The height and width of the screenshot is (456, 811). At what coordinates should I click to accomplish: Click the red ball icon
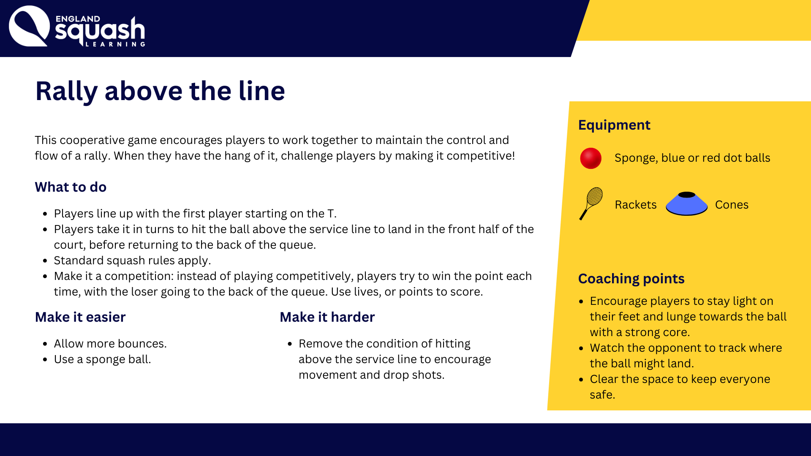pyautogui.click(x=591, y=158)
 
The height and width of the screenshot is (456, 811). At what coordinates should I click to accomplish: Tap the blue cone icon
pyautogui.click(x=686, y=204)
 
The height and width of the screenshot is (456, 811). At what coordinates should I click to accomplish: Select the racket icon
pyautogui.click(x=591, y=204)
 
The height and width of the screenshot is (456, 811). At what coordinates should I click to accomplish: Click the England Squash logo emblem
pyautogui.click(x=29, y=26)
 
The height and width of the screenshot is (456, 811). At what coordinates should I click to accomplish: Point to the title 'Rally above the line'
pyautogui.click(x=160, y=91)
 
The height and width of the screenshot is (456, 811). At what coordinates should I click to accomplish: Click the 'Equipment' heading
pyautogui.click(x=614, y=125)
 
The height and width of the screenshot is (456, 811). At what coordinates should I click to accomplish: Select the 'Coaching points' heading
pyautogui.click(x=631, y=279)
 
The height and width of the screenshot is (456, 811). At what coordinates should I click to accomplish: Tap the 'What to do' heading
pyautogui.click(x=71, y=187)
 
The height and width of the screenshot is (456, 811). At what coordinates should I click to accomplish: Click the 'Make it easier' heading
pyautogui.click(x=80, y=317)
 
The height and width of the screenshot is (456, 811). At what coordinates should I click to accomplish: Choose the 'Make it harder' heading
pyautogui.click(x=327, y=317)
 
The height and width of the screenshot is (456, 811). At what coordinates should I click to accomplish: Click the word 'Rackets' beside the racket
pyautogui.click(x=636, y=205)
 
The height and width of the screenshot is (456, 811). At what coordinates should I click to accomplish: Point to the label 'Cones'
pyautogui.click(x=732, y=205)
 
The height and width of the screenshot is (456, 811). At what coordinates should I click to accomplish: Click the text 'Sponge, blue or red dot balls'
pyautogui.click(x=692, y=158)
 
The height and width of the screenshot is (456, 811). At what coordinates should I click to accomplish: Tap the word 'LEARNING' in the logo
pyautogui.click(x=115, y=44)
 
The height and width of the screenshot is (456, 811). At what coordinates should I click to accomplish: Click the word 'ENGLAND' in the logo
pyautogui.click(x=78, y=19)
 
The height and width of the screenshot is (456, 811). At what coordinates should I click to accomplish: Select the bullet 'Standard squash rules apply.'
pyautogui.click(x=132, y=261)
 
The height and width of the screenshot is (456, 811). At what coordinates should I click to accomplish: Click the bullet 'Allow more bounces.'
pyautogui.click(x=110, y=344)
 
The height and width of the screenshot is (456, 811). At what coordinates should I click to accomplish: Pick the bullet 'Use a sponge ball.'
pyautogui.click(x=102, y=359)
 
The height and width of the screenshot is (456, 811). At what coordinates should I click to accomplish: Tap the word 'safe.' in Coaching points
pyautogui.click(x=602, y=395)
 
